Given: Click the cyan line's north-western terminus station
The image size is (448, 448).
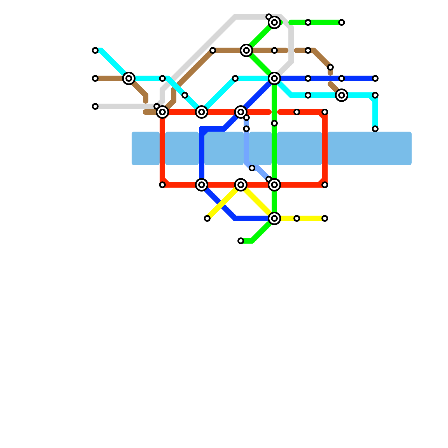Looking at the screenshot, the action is click(95, 50).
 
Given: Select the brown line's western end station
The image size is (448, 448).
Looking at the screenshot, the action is click(95, 78).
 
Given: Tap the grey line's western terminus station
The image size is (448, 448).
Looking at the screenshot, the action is click(95, 106).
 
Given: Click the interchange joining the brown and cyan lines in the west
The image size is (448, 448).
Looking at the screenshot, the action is click(129, 78).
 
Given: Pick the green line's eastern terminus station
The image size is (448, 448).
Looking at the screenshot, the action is click(342, 22).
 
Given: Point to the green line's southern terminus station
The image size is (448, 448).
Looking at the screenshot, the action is click(241, 241).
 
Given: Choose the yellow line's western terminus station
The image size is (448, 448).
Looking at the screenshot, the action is click(207, 218).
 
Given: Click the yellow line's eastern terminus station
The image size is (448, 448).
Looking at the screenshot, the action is click(325, 218).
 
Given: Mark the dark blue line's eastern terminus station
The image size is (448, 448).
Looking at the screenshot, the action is click(375, 78).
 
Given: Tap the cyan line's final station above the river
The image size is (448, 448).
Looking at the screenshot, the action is click(375, 129).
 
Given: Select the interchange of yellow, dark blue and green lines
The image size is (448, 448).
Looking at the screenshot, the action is click(274, 218).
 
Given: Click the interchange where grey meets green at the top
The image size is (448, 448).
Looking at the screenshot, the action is click(274, 22).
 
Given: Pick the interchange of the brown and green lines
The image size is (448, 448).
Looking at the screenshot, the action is click(246, 50).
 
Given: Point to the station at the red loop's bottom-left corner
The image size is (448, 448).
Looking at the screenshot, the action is click(162, 185).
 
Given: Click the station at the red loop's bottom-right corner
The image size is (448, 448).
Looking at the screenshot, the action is click(325, 185).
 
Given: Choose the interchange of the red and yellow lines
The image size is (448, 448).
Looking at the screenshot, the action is click(241, 185).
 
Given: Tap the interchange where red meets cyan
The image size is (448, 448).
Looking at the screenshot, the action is click(202, 112).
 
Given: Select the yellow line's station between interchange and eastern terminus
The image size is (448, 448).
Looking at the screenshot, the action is click(297, 218).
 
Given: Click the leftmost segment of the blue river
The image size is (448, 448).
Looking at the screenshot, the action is click(146, 148).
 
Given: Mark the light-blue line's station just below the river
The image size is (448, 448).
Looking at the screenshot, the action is click(252, 168).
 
